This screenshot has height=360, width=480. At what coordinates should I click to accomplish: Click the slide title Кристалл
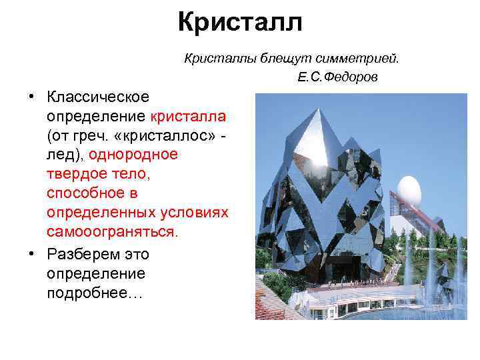[240, 21]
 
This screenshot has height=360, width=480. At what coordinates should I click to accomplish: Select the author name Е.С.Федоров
[337, 78]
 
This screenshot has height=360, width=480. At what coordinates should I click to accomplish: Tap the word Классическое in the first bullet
[98, 97]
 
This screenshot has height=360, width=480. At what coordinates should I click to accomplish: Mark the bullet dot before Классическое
[31, 97]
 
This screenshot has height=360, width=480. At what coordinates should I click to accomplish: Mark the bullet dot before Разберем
[31, 254]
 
